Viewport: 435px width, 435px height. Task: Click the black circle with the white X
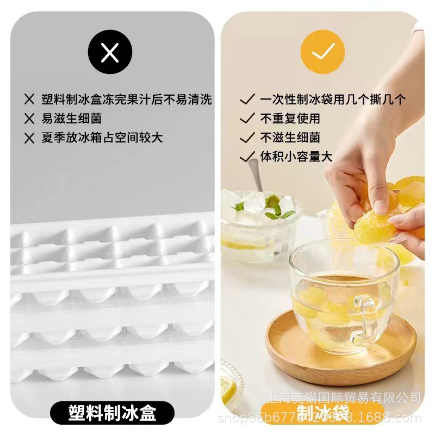point(110,53)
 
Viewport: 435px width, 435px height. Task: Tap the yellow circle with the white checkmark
point(322,52)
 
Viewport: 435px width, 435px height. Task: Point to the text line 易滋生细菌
point(71,119)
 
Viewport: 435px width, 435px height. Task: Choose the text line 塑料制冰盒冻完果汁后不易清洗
point(126,100)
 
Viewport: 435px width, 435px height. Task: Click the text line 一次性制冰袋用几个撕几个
point(333,100)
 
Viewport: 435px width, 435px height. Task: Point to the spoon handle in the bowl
point(254,173)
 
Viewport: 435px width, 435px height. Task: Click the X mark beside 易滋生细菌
point(29,119)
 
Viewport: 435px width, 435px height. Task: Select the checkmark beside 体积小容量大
point(247,157)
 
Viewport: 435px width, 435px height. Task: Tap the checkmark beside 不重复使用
point(247,118)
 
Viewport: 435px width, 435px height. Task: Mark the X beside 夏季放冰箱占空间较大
point(29,138)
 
